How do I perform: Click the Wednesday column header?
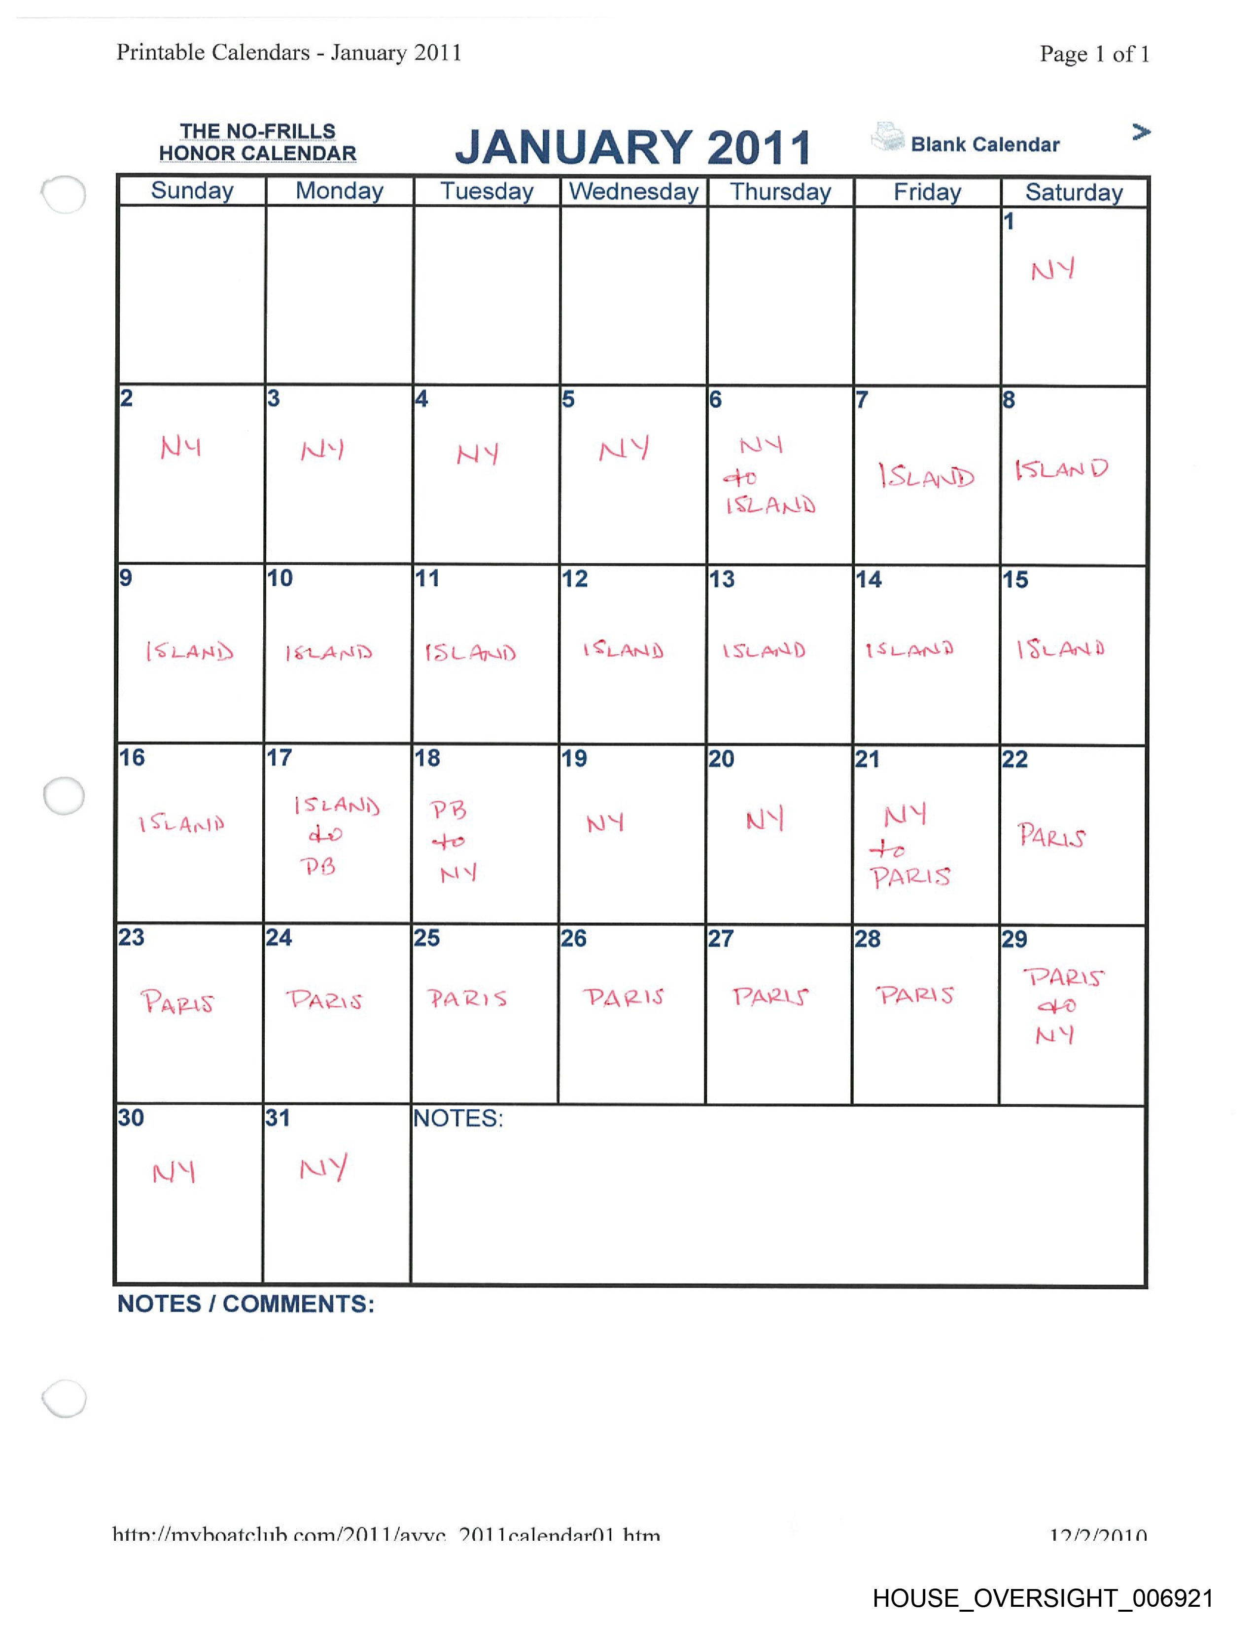(x=634, y=191)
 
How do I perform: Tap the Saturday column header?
(x=1074, y=192)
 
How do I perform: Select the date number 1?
(x=1009, y=221)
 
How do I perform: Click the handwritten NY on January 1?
(x=1053, y=270)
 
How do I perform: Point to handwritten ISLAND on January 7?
(x=926, y=476)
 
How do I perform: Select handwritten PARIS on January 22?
(x=1051, y=836)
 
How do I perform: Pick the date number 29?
(x=1014, y=939)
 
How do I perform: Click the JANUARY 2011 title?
(x=633, y=147)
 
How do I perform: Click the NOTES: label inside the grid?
(x=458, y=1118)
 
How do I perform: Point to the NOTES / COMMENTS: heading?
(x=246, y=1304)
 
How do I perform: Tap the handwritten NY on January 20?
(x=765, y=819)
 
